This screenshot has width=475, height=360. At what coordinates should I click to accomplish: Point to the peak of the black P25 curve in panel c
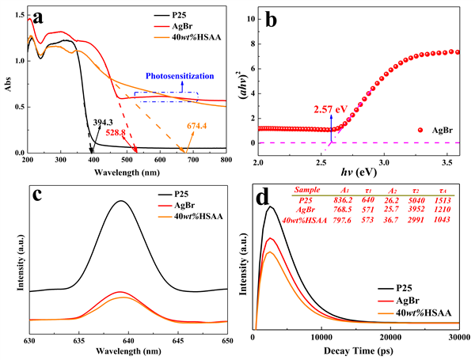(121, 201)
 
